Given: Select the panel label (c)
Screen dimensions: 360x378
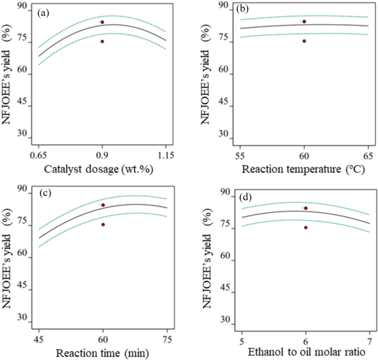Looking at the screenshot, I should click(x=43, y=193).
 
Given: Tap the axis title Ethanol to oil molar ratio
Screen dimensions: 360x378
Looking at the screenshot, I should click(x=306, y=352).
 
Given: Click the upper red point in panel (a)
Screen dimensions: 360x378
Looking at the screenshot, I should click(x=103, y=22).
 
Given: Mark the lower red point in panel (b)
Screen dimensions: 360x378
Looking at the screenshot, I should click(x=304, y=41).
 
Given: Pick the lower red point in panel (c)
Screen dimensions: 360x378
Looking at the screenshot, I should click(x=103, y=224).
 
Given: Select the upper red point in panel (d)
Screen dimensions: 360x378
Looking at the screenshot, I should click(x=306, y=208).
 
